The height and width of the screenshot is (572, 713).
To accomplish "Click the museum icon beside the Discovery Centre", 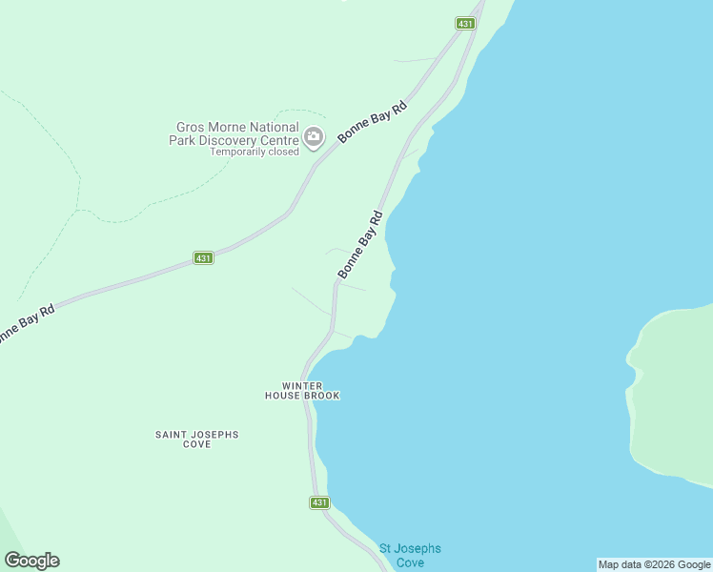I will coord(314,139).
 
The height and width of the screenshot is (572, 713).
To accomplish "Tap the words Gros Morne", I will coord(210,127).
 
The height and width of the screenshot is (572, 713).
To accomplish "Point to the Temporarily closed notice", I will coord(255,152).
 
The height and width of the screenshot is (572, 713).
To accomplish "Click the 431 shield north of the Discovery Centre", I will coord(465,23).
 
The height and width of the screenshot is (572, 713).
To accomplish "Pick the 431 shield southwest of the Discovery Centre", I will coord(203,257).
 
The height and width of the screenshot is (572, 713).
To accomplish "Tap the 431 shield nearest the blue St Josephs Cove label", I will coord(319,502).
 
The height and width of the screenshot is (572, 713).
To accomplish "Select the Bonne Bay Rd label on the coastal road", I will coord(359,245).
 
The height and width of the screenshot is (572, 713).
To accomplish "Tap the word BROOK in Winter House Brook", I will coord(322,396).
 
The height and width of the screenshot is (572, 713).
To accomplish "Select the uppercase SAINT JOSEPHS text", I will coord(197,435).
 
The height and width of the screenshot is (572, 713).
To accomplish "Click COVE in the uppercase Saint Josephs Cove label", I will coord(196,445).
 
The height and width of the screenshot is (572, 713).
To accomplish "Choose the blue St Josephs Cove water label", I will coord(410,555).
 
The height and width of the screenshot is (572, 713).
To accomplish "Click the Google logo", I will coord(31,561).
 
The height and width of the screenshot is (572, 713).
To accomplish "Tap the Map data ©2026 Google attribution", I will coord(654,564).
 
